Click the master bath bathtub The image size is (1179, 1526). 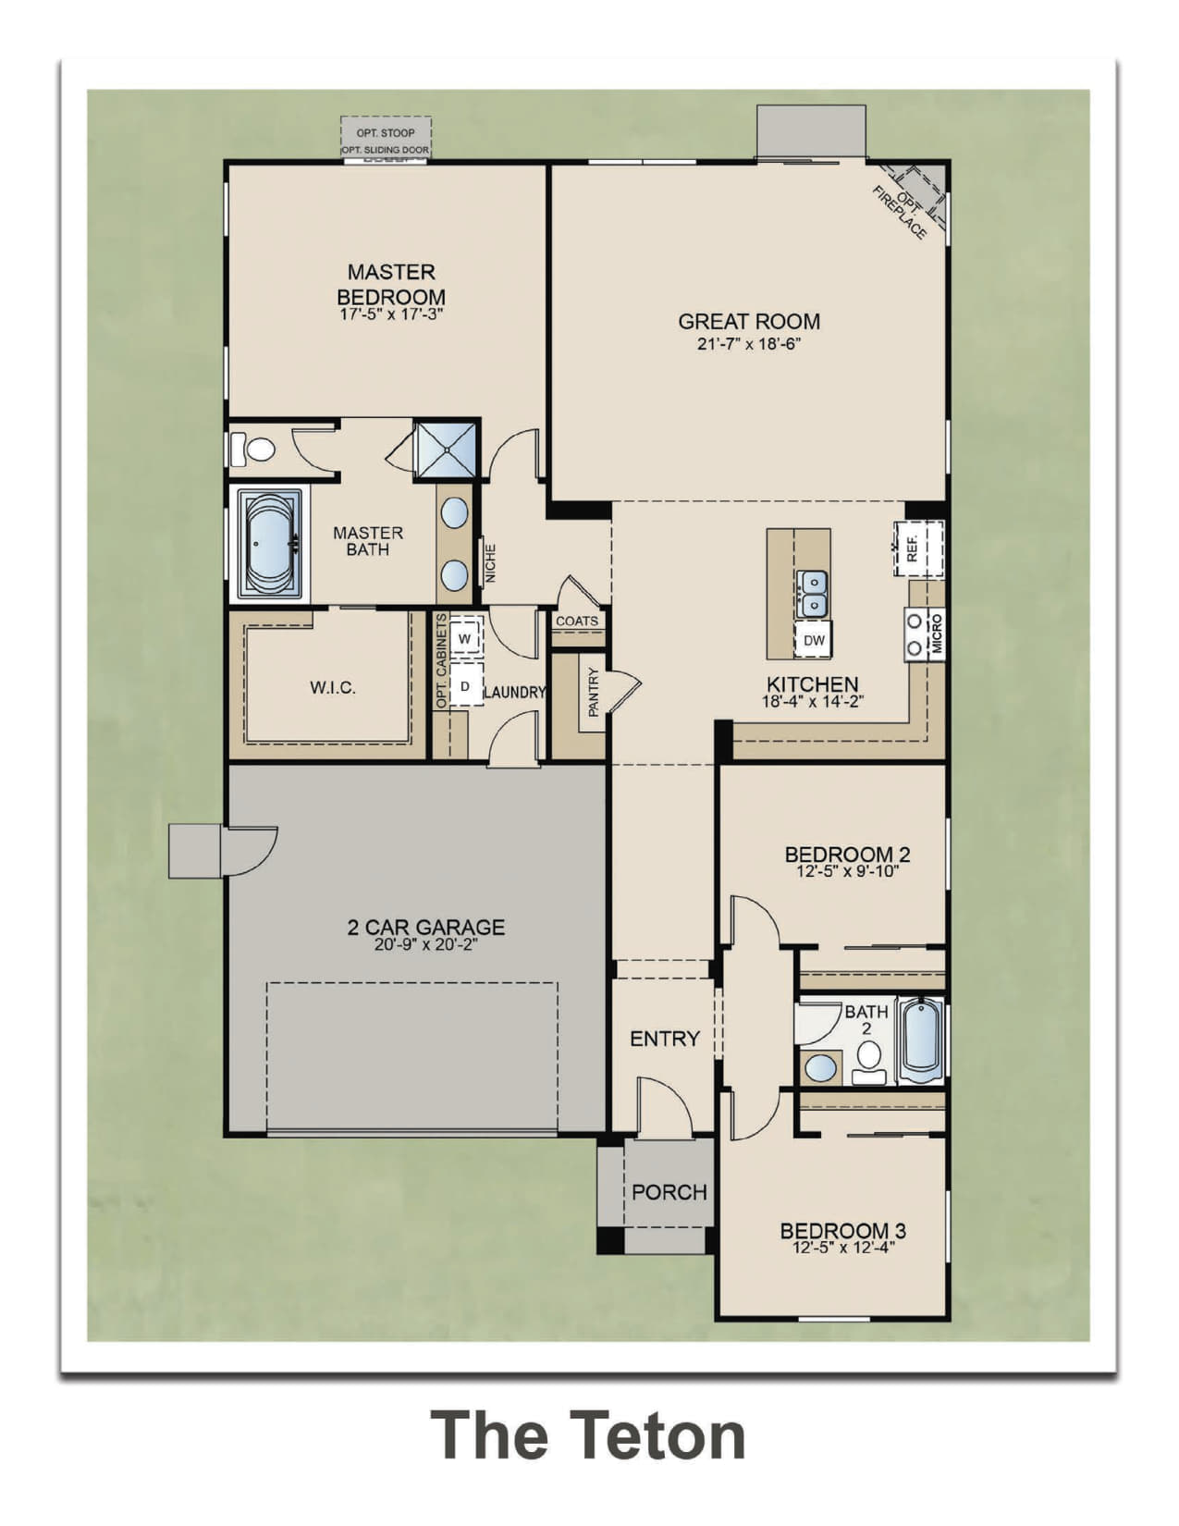(x=270, y=544)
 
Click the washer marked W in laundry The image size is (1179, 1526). (x=464, y=638)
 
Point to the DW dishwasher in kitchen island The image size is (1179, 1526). (x=813, y=640)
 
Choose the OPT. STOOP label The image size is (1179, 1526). (x=386, y=132)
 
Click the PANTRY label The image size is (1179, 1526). (x=594, y=693)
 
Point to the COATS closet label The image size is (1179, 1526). (x=577, y=621)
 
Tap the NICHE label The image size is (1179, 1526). (x=491, y=563)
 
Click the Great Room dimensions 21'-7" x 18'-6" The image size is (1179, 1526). (x=749, y=344)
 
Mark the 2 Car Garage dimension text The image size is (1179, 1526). (x=425, y=945)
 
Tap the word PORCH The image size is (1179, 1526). (x=669, y=1192)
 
